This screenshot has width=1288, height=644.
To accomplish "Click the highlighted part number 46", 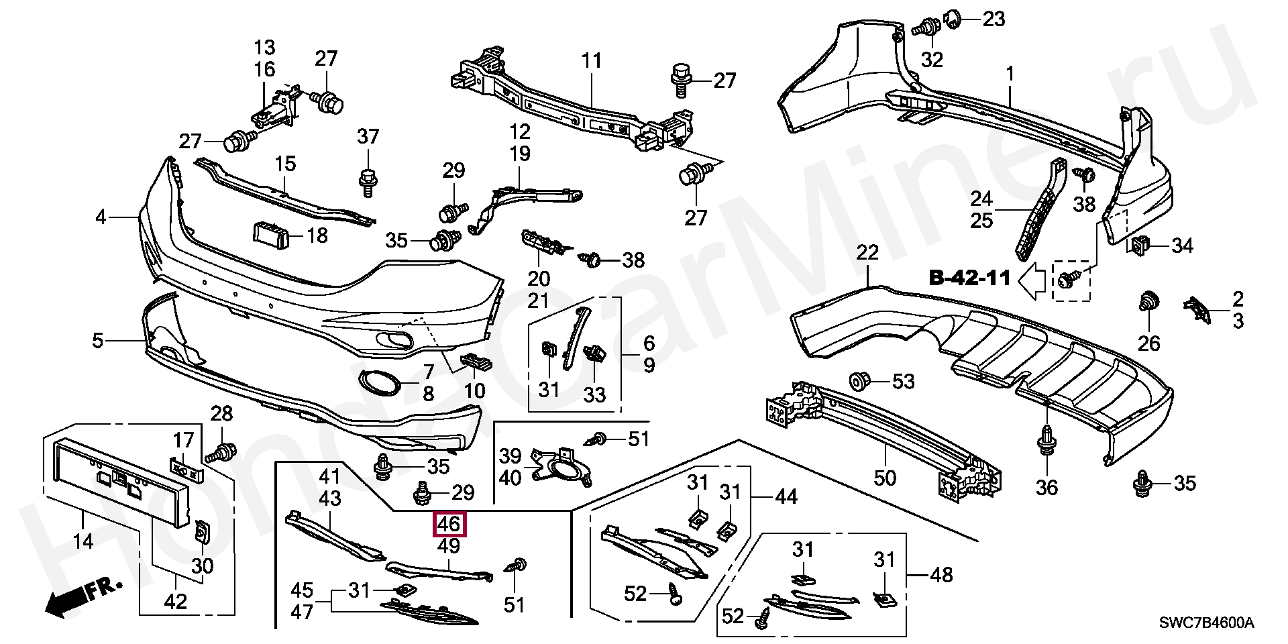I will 449,524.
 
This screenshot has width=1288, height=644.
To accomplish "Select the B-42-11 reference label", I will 969,278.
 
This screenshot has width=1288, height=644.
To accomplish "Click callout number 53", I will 903,382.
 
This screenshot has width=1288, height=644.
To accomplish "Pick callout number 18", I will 317,235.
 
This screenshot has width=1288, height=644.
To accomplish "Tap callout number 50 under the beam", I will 885,478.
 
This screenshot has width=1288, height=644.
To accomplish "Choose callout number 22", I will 867,254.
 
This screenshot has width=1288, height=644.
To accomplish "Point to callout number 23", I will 994,19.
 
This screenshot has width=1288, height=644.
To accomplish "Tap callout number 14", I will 83,540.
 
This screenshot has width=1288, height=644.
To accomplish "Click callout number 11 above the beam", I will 592,61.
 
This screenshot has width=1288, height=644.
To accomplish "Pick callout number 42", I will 176,601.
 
